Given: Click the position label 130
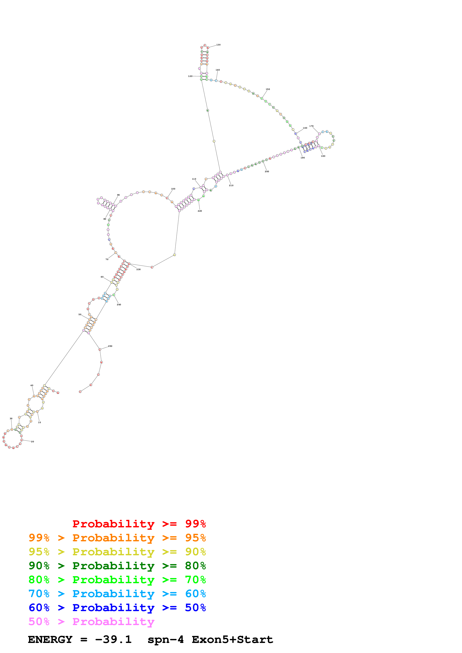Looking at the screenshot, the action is tap(218, 45).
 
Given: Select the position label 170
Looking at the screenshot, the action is tap(311, 126).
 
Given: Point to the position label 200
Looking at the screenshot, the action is tap(267, 171).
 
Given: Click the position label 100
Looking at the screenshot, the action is tap(173, 189).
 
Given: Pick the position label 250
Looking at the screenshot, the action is tap(110, 346).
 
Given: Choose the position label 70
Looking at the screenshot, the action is tap(107, 259).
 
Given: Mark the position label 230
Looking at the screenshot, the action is tap(138, 269).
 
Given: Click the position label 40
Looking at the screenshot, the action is tap(32, 385).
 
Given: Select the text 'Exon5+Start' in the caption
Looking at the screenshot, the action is tap(232, 639).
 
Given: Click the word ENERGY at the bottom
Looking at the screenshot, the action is tap(50, 639).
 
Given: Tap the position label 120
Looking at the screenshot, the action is tap(190, 76).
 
